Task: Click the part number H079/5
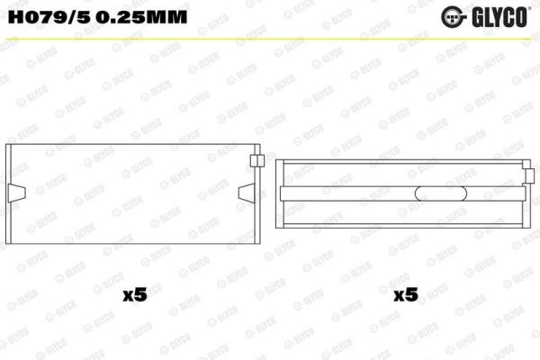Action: [x=49, y=16]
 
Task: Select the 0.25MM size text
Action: [x=141, y=16]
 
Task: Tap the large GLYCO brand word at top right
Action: [x=499, y=17]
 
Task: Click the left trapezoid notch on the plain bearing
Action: [x=16, y=193]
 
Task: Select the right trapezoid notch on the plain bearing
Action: [x=247, y=193]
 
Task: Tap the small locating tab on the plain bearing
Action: [x=256, y=160]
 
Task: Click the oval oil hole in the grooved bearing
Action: [x=441, y=193]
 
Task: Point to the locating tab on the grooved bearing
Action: [x=530, y=175]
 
